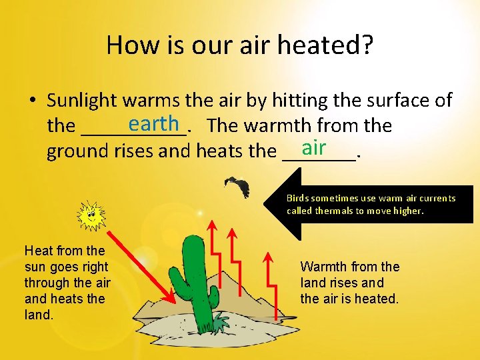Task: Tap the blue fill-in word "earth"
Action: [x=154, y=123]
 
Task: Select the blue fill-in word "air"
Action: [x=313, y=147]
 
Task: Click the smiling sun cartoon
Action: [x=91, y=215]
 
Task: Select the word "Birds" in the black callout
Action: [x=299, y=198]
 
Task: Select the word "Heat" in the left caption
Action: [x=38, y=251]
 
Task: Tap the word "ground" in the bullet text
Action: [x=73, y=151]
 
